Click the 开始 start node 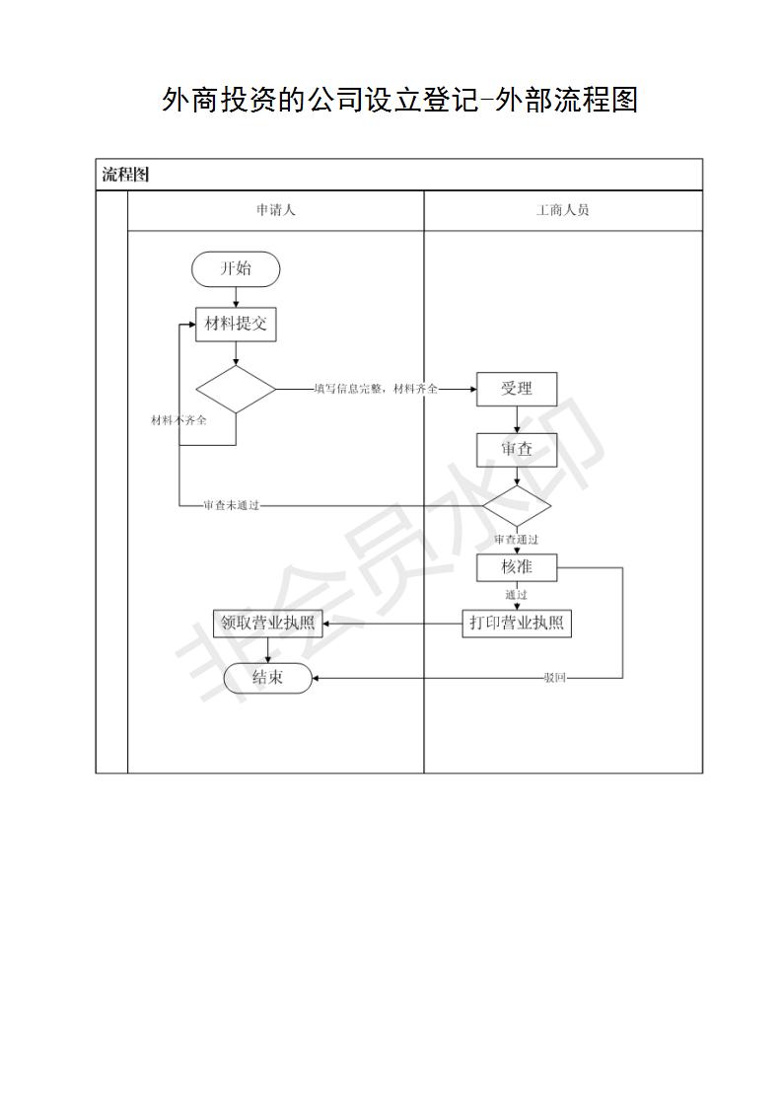pyautogui.click(x=236, y=269)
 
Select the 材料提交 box pyautogui.click(x=236, y=325)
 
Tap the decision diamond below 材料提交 pyautogui.click(x=236, y=389)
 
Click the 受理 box pyautogui.click(x=517, y=389)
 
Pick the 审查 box pyautogui.click(x=517, y=450)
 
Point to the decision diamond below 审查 pyautogui.click(x=517, y=506)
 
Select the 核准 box pyautogui.click(x=517, y=567)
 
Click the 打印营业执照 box pyautogui.click(x=517, y=624)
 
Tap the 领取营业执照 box pyautogui.click(x=267, y=624)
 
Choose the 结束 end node pyautogui.click(x=267, y=678)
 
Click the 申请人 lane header pyautogui.click(x=276, y=210)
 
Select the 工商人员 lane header pyautogui.click(x=562, y=210)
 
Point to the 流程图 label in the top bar pyautogui.click(x=125, y=175)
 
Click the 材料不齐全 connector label pyautogui.click(x=179, y=420)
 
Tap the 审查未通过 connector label pyautogui.click(x=232, y=505)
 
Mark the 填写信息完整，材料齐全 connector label pyautogui.click(x=376, y=389)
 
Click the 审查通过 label pyautogui.click(x=517, y=540)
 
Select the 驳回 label pyautogui.click(x=555, y=678)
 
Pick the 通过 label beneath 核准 pyautogui.click(x=517, y=595)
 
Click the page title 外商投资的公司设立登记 pyautogui.click(x=320, y=100)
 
